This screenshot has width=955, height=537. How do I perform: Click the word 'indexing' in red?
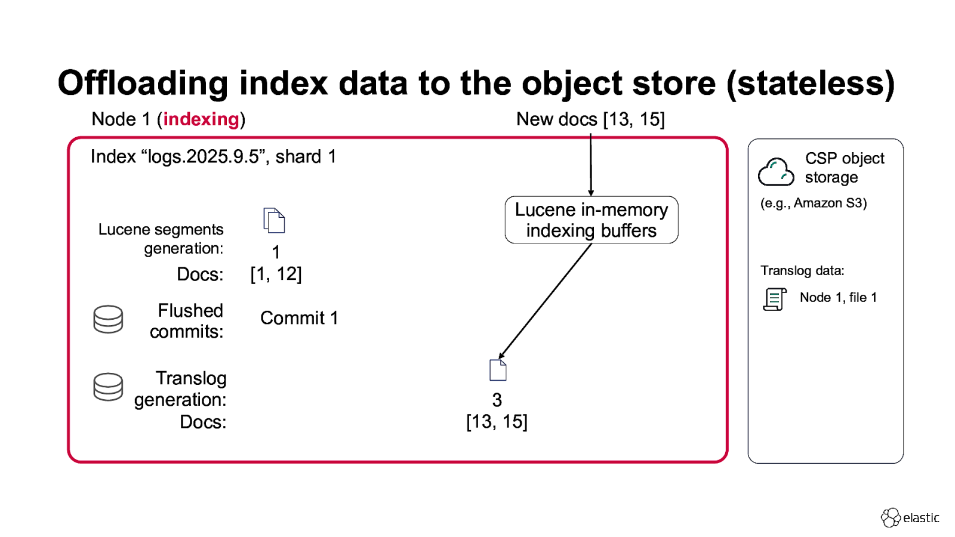(x=201, y=119)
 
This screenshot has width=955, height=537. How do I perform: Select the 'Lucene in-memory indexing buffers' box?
(x=591, y=220)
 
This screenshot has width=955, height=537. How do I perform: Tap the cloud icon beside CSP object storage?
(x=776, y=172)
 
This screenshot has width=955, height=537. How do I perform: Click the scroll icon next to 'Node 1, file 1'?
(x=775, y=299)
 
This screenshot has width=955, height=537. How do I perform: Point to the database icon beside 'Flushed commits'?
(x=108, y=319)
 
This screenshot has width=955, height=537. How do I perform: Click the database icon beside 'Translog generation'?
(x=108, y=387)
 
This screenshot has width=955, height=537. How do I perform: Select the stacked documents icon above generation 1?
(x=274, y=221)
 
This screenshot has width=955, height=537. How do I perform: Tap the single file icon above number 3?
(x=498, y=370)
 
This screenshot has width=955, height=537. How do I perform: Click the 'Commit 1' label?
(x=299, y=318)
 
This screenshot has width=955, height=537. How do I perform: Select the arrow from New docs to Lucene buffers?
(x=591, y=164)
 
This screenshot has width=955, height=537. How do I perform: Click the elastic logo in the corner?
(x=910, y=517)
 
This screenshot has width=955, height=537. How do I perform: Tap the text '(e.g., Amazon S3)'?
(x=814, y=203)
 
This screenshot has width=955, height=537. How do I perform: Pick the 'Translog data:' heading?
(x=802, y=271)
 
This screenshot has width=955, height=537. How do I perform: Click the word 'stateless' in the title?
(x=811, y=84)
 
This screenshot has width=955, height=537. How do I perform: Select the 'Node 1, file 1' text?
(x=838, y=298)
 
